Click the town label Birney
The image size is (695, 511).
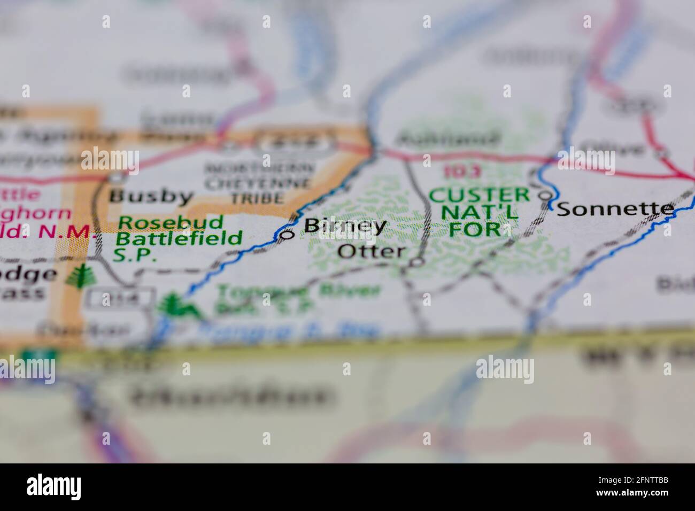345,227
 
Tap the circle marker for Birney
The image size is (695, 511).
287,235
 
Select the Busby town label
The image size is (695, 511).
151,196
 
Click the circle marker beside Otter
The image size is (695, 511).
417,262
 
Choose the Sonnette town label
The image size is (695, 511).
615,209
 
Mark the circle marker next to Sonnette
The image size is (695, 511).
545,196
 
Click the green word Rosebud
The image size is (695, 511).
171,222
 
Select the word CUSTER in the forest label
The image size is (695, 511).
479,195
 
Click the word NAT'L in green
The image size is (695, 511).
479,212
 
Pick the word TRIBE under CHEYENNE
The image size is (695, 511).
258,198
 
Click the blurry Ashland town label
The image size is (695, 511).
447,138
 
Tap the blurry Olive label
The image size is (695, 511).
612,148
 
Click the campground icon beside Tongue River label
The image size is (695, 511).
179,306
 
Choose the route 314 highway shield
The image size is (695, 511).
122,298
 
